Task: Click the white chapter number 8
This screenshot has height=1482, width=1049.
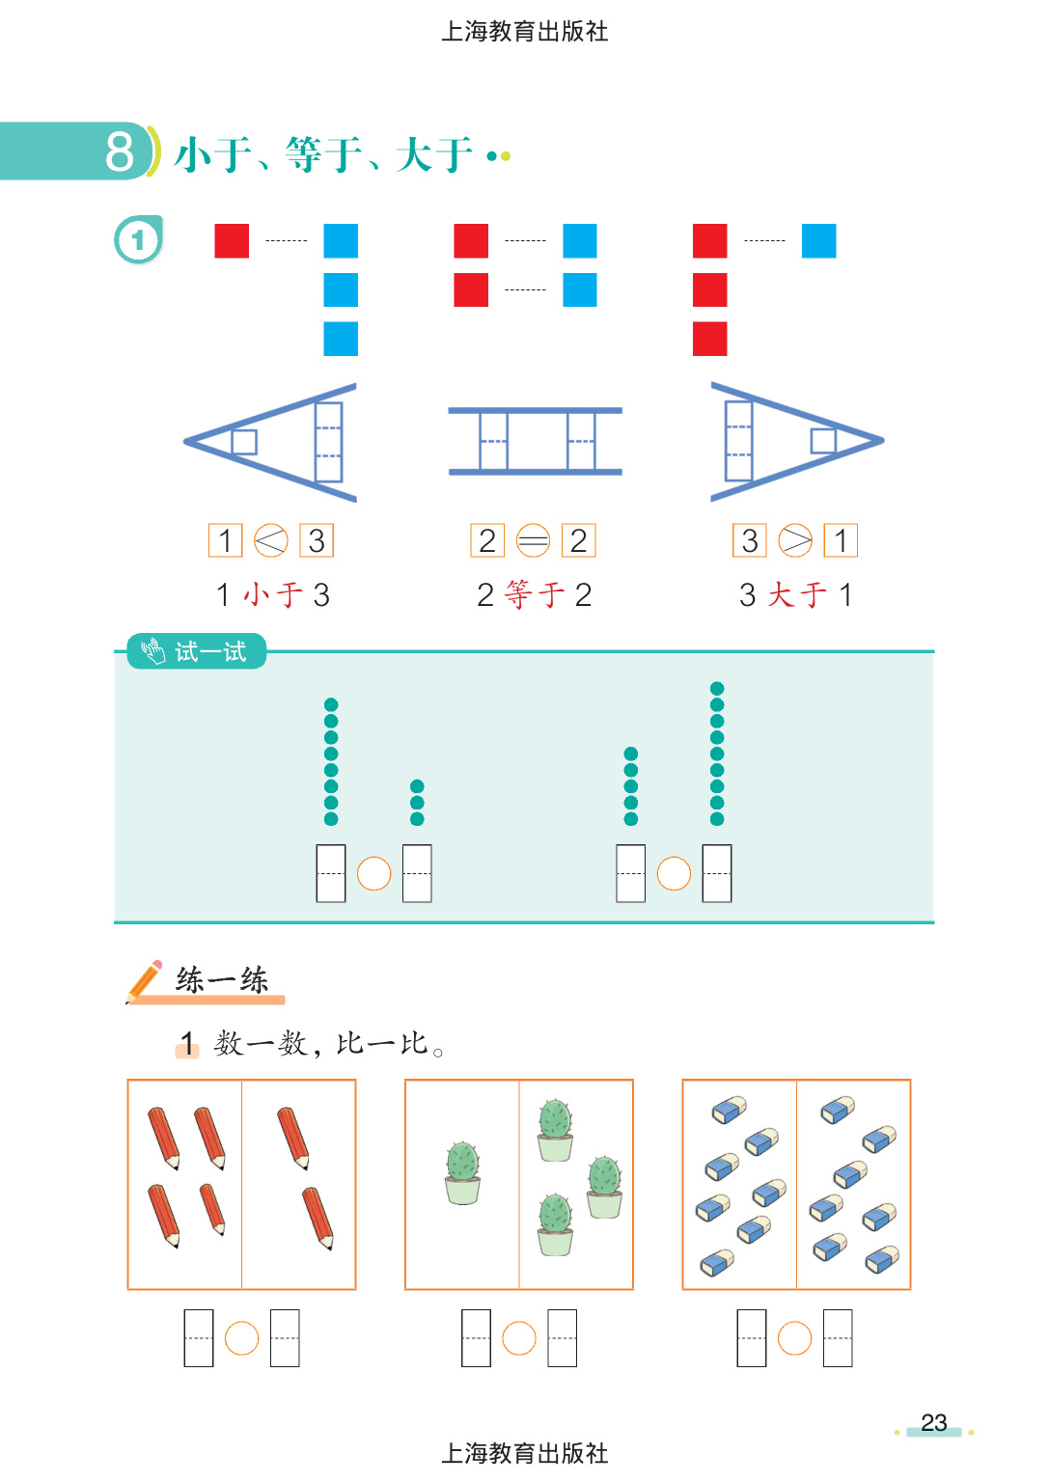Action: pos(120,151)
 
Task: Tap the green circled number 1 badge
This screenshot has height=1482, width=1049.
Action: pos(138,239)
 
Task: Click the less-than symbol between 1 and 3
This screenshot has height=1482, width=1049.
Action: pos(271,540)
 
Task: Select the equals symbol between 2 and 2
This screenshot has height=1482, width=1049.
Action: pos(533,540)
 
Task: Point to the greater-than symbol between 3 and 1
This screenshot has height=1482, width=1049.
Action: pos(795,540)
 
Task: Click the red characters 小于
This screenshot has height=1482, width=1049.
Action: pos(273,594)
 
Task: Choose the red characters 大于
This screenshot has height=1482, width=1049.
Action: pos(797,594)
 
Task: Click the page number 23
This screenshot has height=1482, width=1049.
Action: pos(933,1422)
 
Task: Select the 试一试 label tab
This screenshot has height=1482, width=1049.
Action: pos(197,652)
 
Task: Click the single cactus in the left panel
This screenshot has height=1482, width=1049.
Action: pos(462,1171)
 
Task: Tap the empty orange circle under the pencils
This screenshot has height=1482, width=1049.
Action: pos(241,1338)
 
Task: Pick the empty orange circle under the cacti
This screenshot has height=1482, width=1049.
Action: pos(519,1338)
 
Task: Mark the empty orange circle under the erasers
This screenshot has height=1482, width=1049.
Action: pos(794,1338)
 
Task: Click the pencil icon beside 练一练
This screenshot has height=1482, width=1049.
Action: pos(145,980)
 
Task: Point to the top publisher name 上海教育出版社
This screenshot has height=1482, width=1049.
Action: pos(524,32)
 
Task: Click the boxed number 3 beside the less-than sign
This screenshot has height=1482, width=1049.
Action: pos(317,540)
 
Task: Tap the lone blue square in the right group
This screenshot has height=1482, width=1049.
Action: pos(818,240)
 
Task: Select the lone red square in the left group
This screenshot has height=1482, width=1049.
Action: pos(232,240)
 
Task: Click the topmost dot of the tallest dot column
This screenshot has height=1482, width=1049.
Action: pos(717,688)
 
